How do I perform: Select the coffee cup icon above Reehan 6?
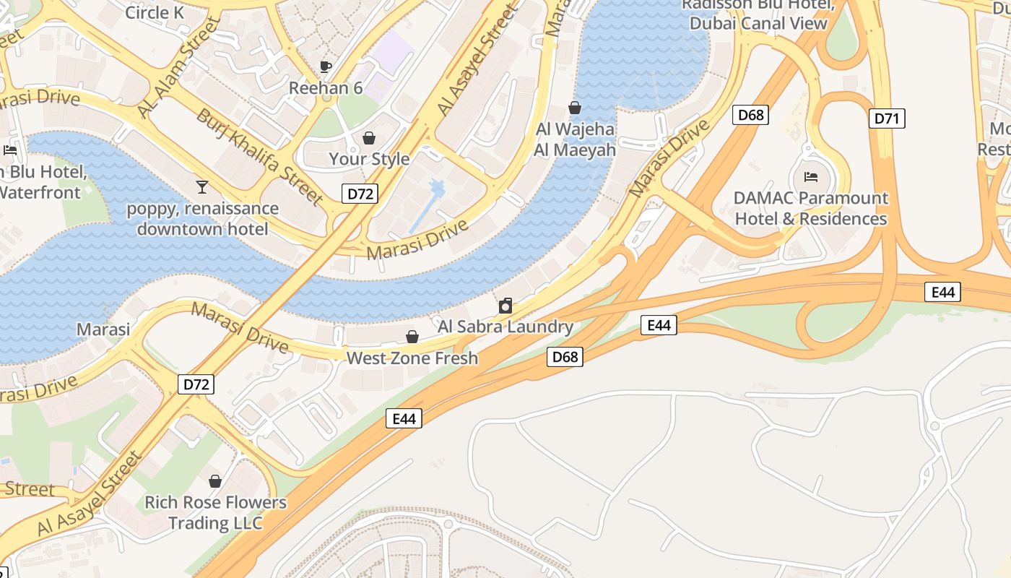coord(326,66)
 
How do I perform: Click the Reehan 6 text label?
coord(326,88)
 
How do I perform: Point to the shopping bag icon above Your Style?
coord(369,137)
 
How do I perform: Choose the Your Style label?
coord(369,159)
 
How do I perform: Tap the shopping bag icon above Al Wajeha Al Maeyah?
coord(575,108)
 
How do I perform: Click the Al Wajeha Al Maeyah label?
coord(575,139)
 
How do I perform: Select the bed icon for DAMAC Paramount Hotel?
coord(811,177)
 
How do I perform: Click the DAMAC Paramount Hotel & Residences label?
coord(811,208)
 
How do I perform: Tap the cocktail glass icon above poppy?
coord(202,187)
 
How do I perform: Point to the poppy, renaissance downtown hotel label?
coord(202,219)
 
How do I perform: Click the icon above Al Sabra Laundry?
coord(506,306)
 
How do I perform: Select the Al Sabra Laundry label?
coord(506,327)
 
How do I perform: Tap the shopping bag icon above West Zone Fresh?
coord(412,337)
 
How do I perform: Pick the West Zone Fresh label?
coord(412,358)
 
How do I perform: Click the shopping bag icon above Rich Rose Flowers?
coord(215,481)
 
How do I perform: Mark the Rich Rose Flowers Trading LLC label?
coord(215,512)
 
